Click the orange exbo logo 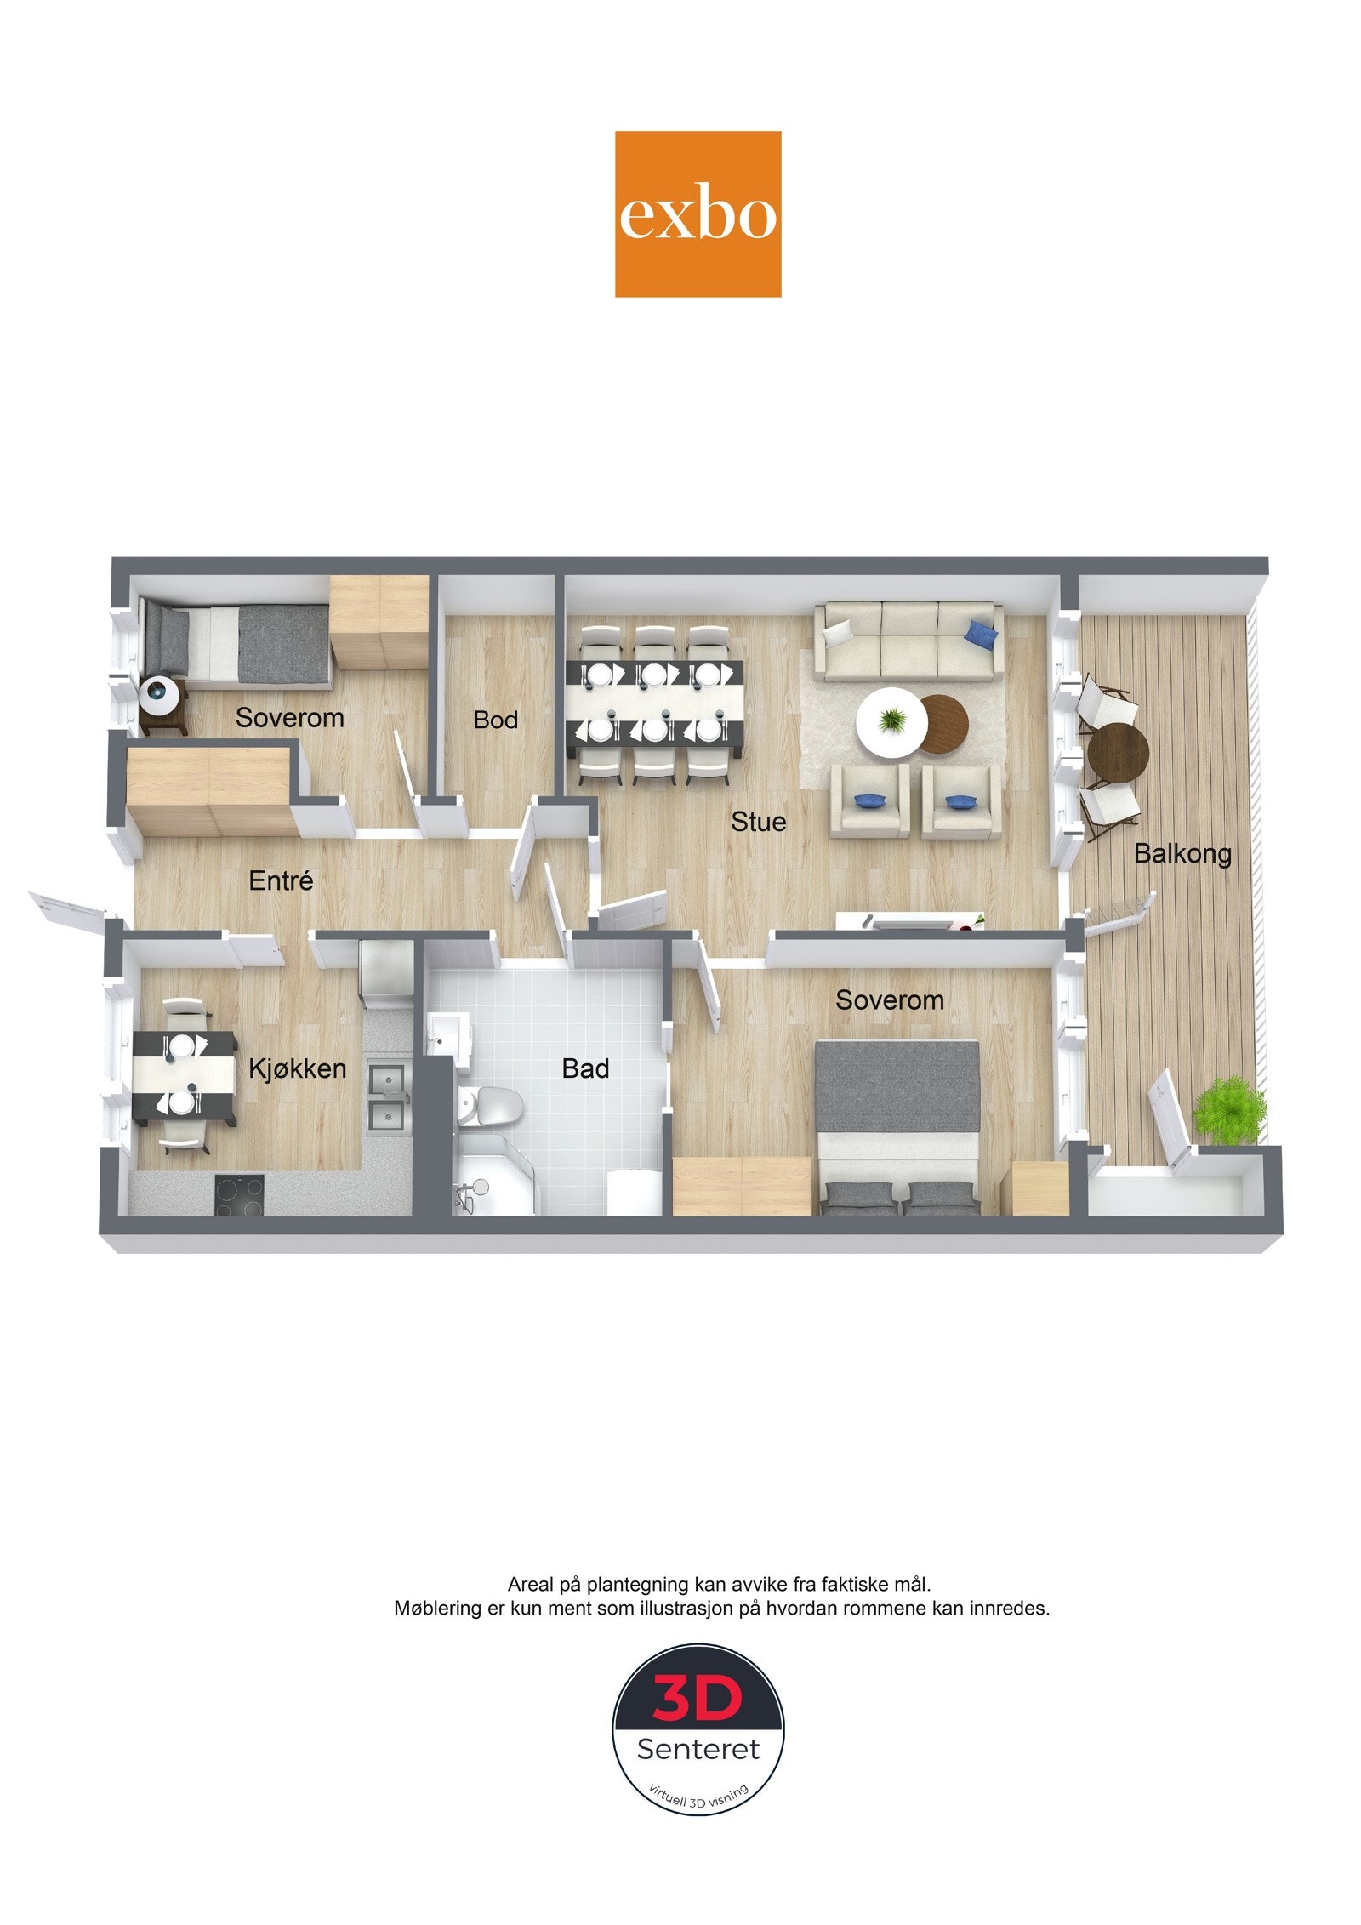[698, 214]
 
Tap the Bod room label [495, 720]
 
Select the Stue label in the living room [758, 822]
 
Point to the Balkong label [1182, 854]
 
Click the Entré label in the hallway [282, 880]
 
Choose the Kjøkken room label [297, 1068]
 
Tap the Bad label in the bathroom [585, 1068]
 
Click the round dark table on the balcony [1118, 752]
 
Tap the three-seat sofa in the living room [908, 641]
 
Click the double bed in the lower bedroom [897, 1126]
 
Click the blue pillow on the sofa [982, 632]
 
